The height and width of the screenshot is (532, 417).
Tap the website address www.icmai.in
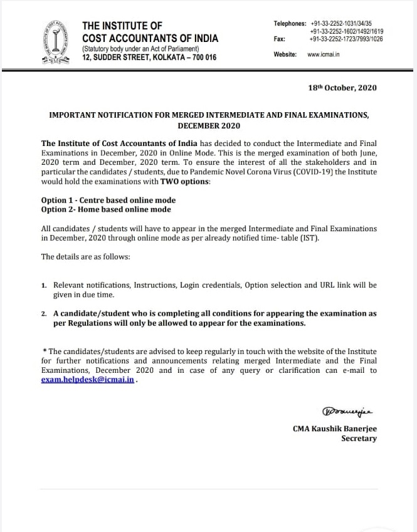323,55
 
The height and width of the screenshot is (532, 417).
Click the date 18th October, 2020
344,88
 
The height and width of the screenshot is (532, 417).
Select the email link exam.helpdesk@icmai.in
88,380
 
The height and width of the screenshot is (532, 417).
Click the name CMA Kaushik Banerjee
335,428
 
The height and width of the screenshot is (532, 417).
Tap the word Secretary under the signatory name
359,438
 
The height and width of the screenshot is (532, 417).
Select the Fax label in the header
280,39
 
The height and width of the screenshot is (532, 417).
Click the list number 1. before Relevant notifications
44,285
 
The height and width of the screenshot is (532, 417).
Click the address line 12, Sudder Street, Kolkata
149,58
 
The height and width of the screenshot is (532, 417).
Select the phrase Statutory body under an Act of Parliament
141,49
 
